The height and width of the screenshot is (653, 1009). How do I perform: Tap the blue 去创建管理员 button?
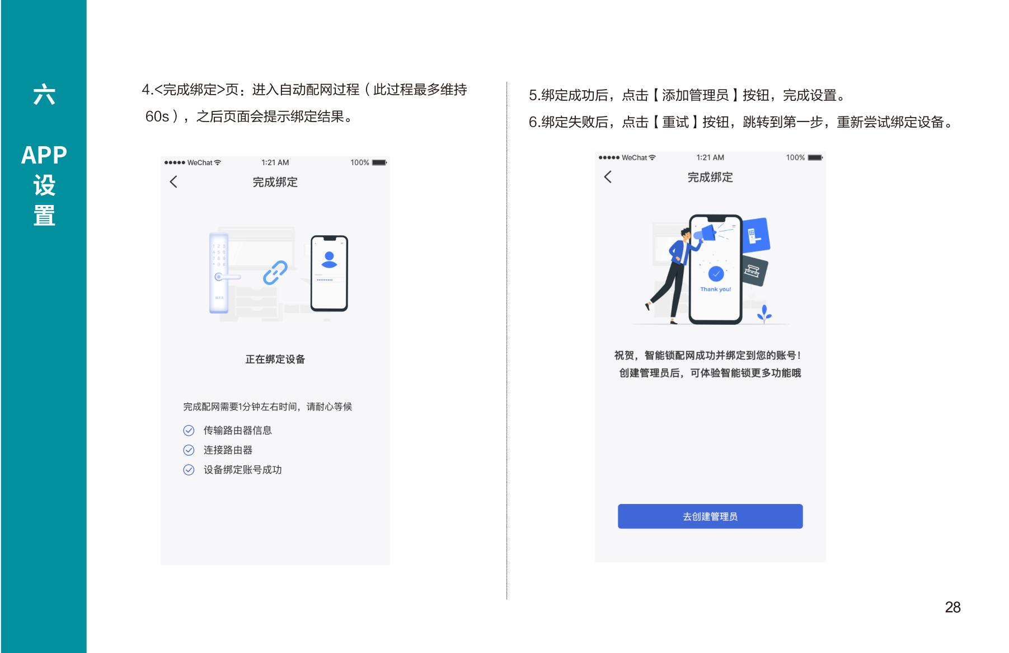[710, 516]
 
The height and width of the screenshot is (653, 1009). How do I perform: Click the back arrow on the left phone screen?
[173, 181]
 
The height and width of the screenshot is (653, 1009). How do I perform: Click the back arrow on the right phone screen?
[608, 177]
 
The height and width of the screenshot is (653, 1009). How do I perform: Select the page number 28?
[952, 607]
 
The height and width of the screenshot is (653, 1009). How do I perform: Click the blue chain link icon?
[275, 273]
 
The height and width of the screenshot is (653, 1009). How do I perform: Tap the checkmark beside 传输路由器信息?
[189, 431]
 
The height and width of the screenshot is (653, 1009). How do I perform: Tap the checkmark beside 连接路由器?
[189, 450]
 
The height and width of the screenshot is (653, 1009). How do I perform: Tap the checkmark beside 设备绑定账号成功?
[189, 470]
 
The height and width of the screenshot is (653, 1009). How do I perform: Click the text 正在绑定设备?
[275, 360]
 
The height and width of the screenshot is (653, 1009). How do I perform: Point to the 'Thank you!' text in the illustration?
[716, 290]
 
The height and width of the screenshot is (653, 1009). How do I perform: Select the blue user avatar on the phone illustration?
[330, 260]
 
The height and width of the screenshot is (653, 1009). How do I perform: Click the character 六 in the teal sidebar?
[44, 95]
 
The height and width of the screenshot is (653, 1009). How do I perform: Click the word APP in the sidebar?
[44, 155]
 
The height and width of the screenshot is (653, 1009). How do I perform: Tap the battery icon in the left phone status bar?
[379, 163]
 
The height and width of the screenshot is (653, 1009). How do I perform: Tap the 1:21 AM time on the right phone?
[710, 158]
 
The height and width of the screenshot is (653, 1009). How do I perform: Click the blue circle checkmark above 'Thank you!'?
[716, 274]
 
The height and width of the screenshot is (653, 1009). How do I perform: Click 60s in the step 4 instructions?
[157, 116]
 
